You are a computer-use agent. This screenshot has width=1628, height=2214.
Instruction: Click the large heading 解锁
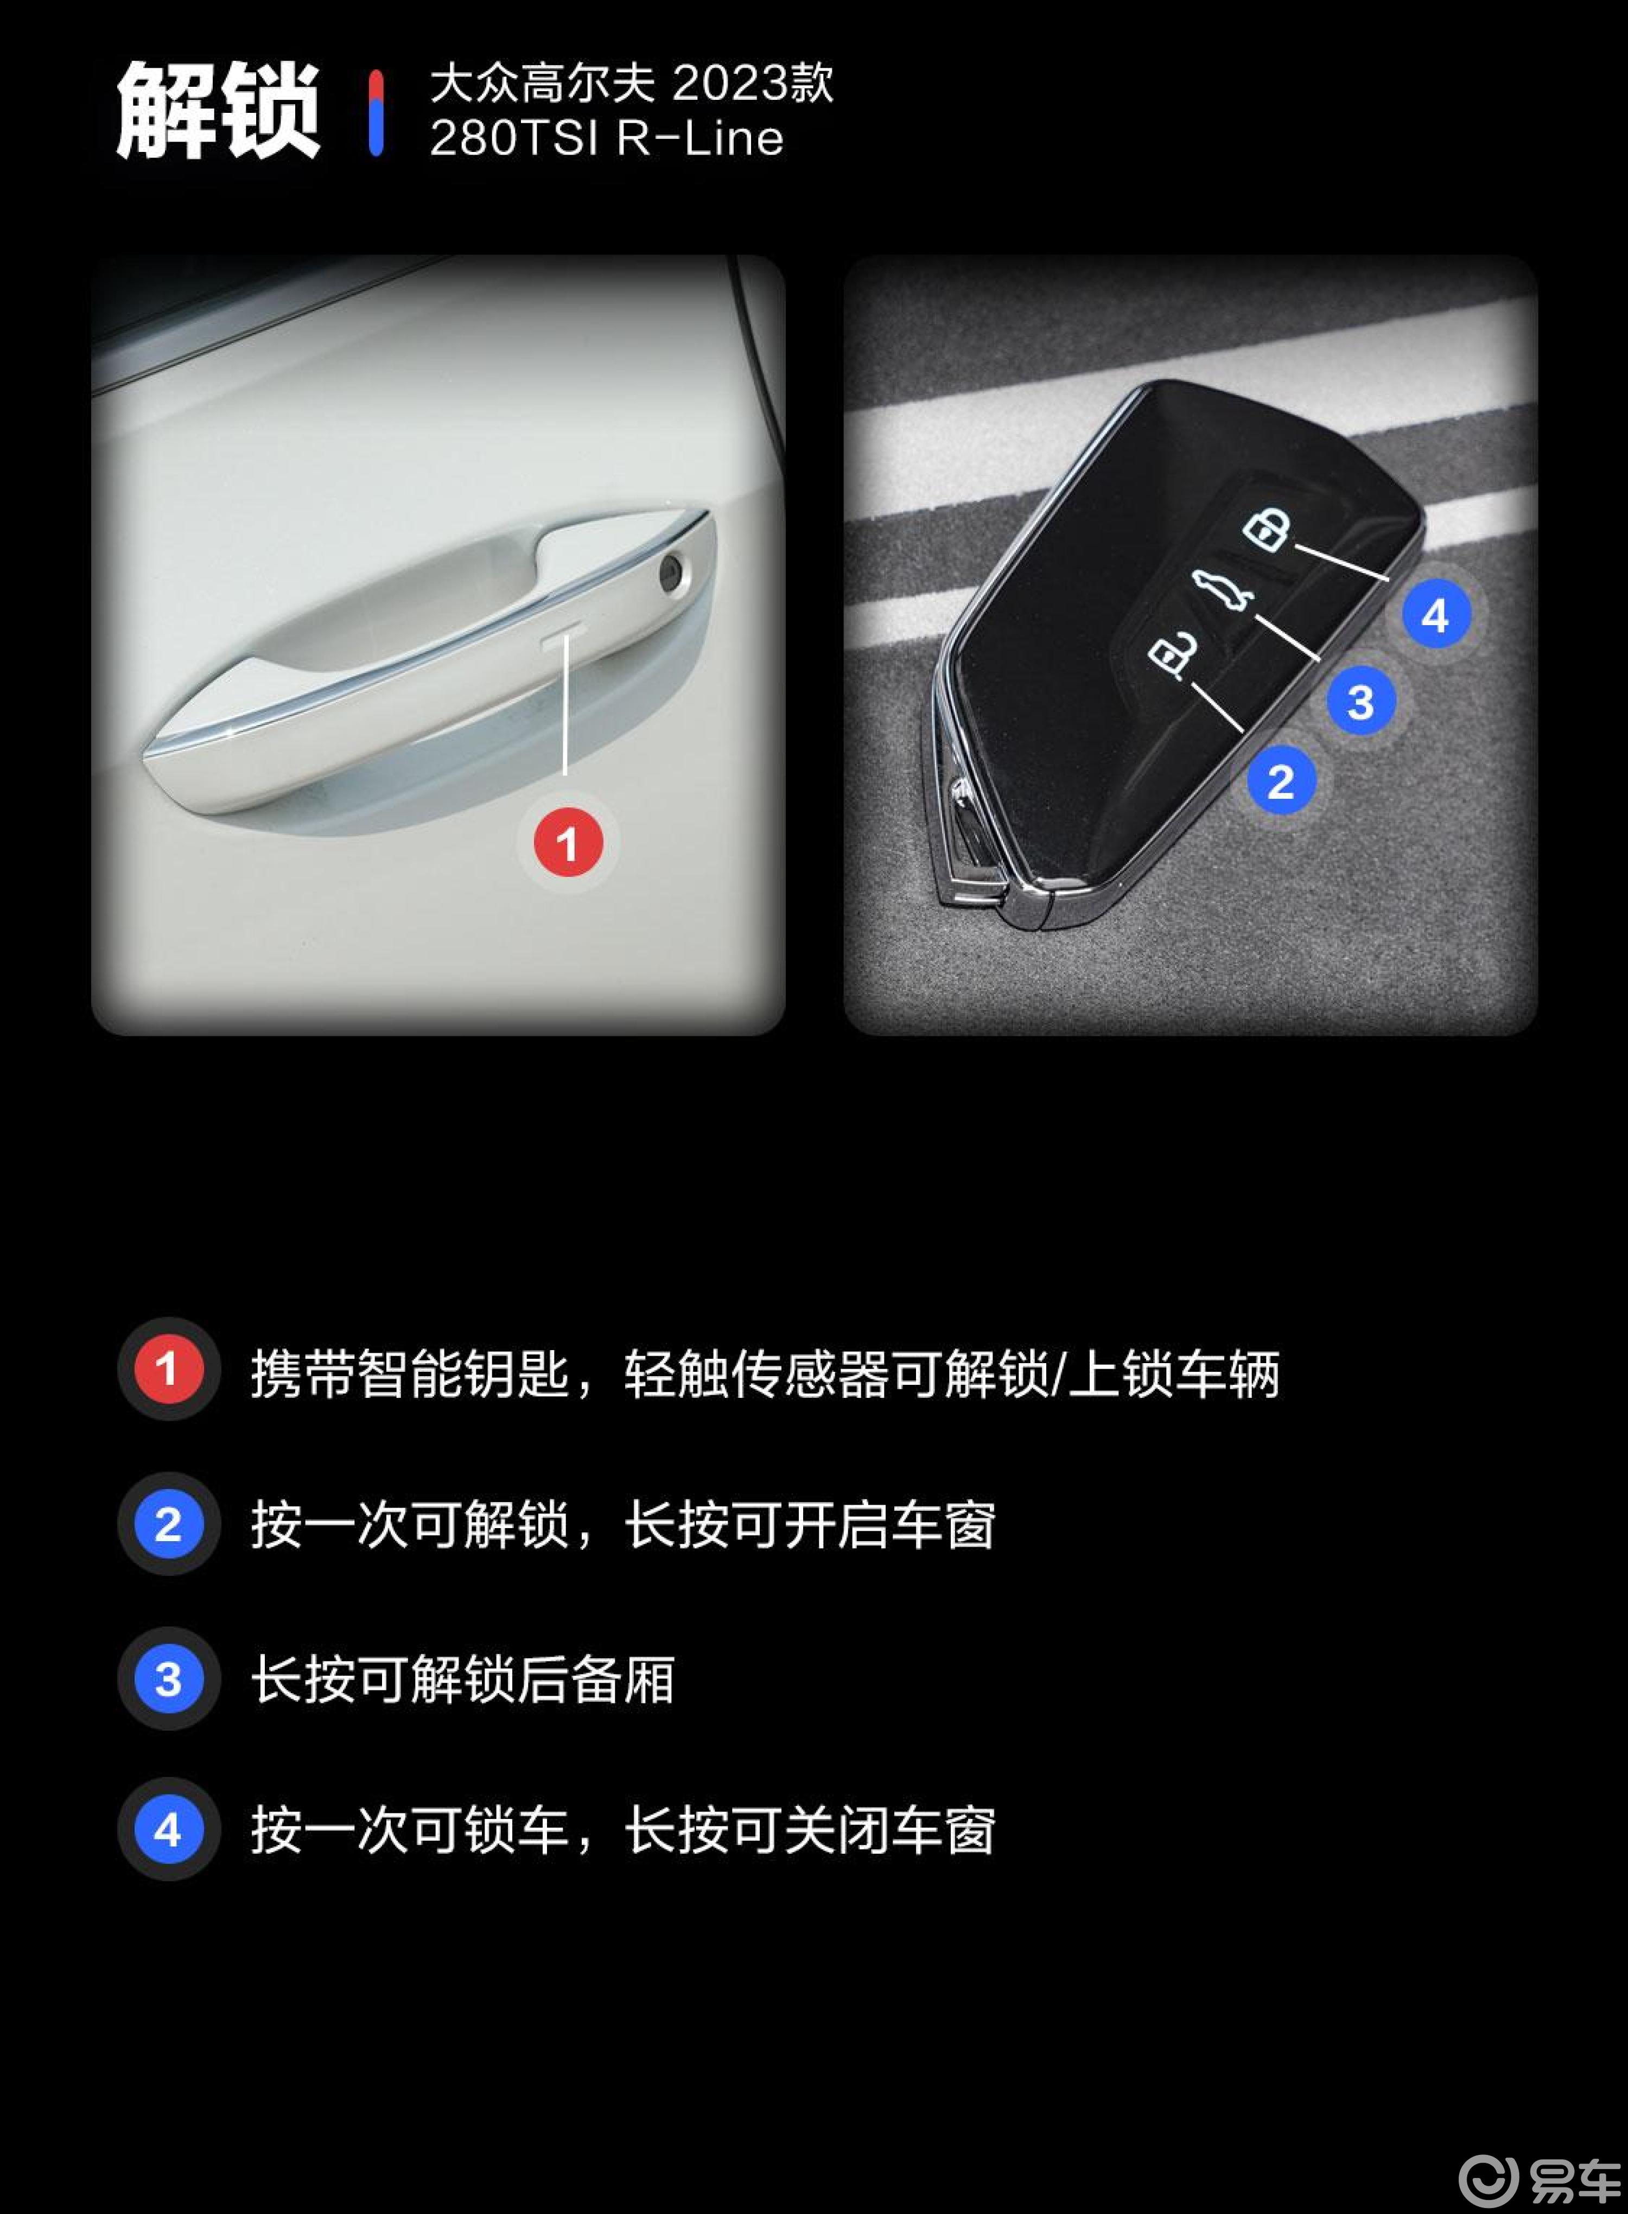point(219,110)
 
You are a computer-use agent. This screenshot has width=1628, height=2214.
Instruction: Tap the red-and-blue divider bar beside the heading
point(376,112)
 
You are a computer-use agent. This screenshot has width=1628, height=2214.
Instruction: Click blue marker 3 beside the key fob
point(1361,702)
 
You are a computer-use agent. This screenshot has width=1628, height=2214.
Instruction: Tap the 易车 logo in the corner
point(1540,2179)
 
